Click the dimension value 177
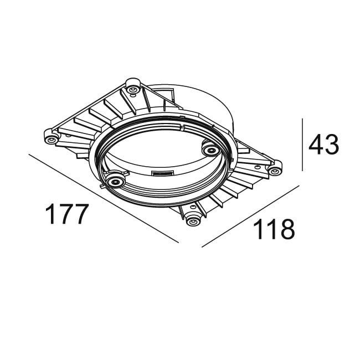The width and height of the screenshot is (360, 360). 66,214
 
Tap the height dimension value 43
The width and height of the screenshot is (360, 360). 323,145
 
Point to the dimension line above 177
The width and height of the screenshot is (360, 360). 102,198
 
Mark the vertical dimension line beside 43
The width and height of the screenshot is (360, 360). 302,145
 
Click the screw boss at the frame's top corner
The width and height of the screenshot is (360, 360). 132,86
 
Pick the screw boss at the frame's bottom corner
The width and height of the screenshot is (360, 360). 192,220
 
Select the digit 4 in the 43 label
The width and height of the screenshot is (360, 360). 316,145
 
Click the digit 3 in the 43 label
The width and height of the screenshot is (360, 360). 331,145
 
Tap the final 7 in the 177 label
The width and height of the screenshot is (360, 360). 80,214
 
